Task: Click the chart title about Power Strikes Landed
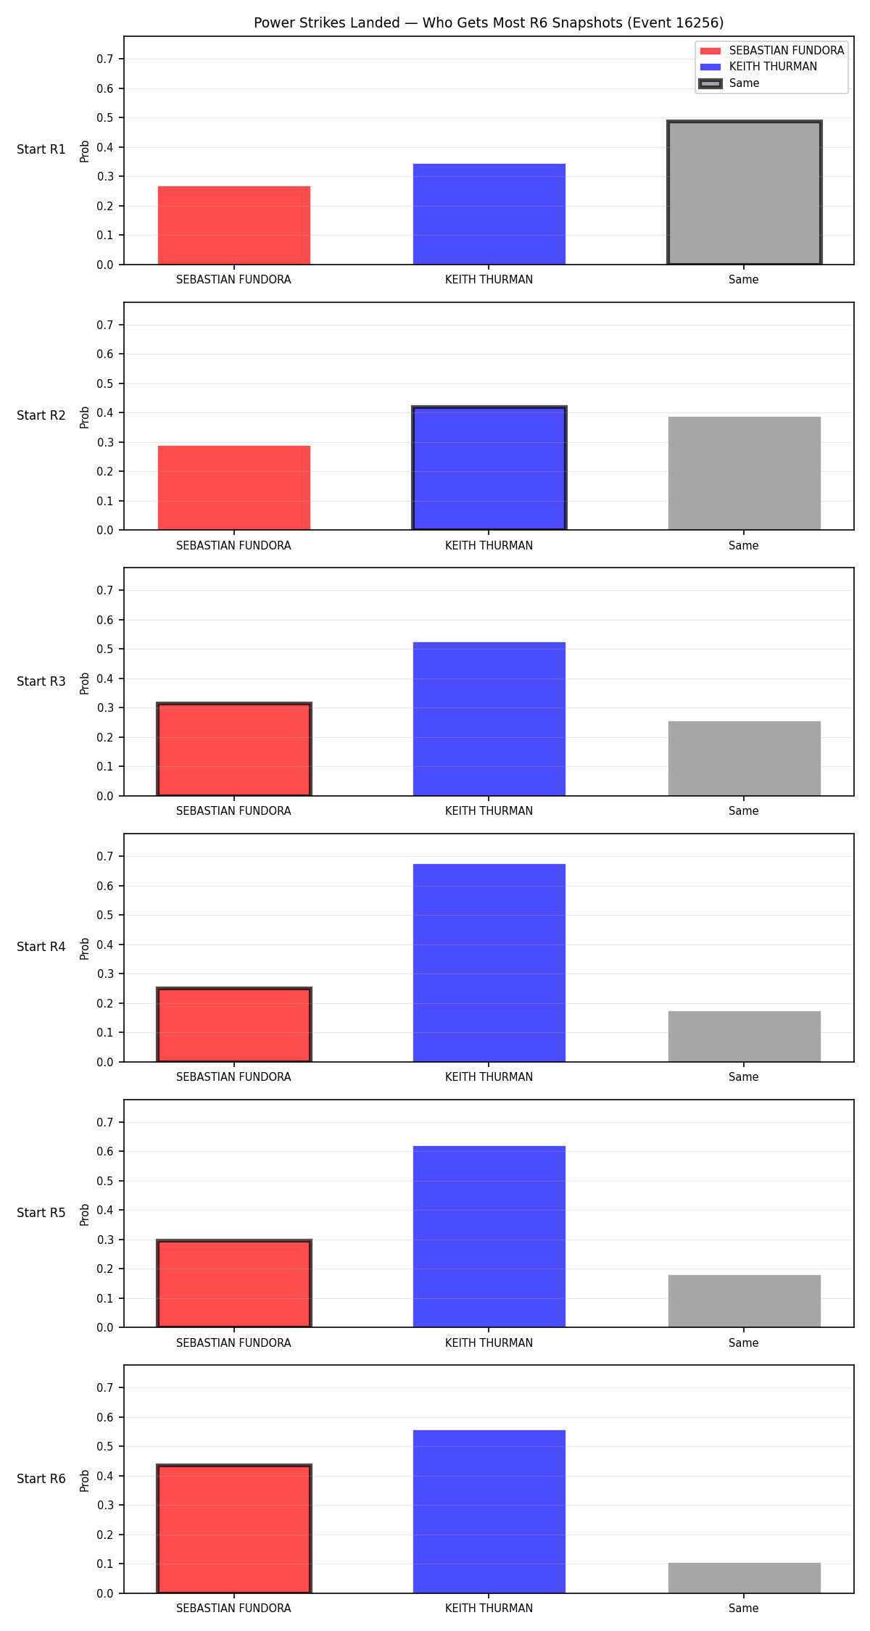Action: click(x=489, y=22)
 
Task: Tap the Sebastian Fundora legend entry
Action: click(x=772, y=51)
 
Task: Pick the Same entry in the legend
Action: click(x=729, y=83)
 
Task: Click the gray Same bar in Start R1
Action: click(x=745, y=193)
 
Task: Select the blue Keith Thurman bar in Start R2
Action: click(x=489, y=468)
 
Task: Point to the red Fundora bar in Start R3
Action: click(x=234, y=750)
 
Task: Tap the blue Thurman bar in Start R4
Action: click(x=489, y=963)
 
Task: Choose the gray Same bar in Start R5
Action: click(x=745, y=1301)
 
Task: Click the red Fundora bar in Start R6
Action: click(x=234, y=1529)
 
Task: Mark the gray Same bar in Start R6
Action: click(x=745, y=1578)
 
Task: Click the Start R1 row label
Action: click(x=41, y=149)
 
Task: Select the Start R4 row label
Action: click(x=41, y=947)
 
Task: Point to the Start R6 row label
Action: click(x=41, y=1479)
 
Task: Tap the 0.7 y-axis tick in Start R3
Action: click(x=105, y=591)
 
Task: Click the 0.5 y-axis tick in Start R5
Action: click(x=105, y=1182)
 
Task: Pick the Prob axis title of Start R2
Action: click(x=85, y=417)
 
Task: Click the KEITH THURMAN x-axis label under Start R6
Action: click(x=489, y=1609)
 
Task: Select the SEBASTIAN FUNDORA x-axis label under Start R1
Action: click(x=233, y=280)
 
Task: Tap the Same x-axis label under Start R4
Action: click(x=744, y=1077)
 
